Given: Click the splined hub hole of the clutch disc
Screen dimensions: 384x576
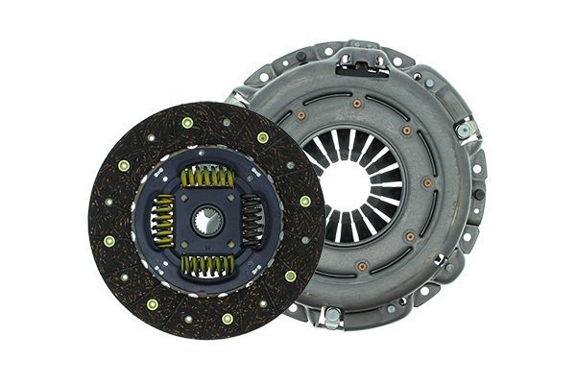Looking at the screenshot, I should pos(207,222).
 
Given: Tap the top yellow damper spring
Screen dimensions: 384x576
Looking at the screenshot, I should pos(207,177).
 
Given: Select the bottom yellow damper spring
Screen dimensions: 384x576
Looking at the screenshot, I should pos(207,264).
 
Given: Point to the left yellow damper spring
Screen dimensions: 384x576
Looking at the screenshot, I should pos(163,220).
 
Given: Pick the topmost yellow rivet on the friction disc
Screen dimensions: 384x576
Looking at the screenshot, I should pos(186,123).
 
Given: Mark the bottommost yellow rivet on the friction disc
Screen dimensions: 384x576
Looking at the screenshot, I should pos(228,318).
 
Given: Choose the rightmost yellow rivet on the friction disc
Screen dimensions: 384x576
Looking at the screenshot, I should pos(305,202).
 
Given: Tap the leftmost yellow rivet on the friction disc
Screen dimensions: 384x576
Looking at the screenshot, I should pos(108,241).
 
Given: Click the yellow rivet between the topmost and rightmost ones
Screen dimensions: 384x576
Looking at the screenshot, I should pos(263,137).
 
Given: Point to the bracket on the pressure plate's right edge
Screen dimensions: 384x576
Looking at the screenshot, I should pos(468,130).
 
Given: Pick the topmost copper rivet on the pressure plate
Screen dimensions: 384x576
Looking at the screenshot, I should pos(357,103).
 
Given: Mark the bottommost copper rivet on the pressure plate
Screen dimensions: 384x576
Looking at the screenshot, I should pos(361,266).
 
